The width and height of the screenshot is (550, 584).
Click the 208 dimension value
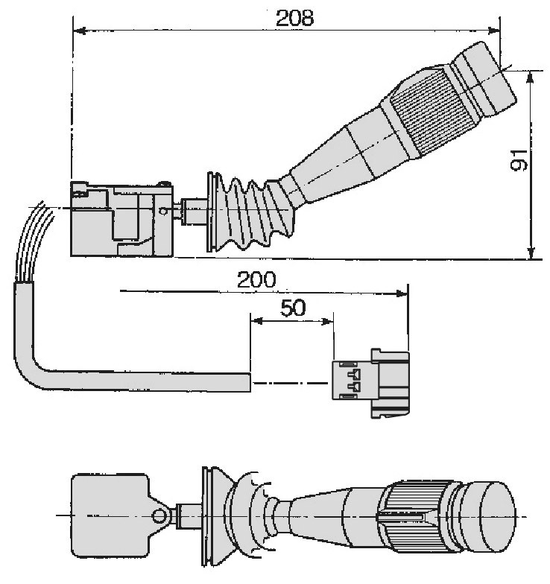pyautogui.click(x=295, y=18)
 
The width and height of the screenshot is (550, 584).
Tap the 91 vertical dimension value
pyautogui.click(x=519, y=161)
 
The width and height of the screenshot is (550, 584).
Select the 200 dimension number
pyautogui.click(x=256, y=279)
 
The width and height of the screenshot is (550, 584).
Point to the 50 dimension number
pyautogui.click(x=293, y=308)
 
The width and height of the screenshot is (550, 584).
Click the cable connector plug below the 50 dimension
pyautogui.click(x=371, y=383)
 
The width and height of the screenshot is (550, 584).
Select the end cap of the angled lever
pyautogui.click(x=484, y=77)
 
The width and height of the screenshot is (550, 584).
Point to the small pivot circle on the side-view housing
pyautogui.click(x=163, y=212)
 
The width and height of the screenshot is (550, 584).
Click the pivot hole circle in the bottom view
pyautogui.click(x=159, y=515)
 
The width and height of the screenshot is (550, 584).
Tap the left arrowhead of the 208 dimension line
pyautogui.click(x=80, y=31)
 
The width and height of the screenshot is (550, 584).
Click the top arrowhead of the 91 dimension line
pyautogui.click(x=531, y=77)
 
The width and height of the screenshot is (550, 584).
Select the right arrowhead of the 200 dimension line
pyautogui.click(x=402, y=293)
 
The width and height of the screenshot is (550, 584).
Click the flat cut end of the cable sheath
pyautogui.click(x=249, y=382)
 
